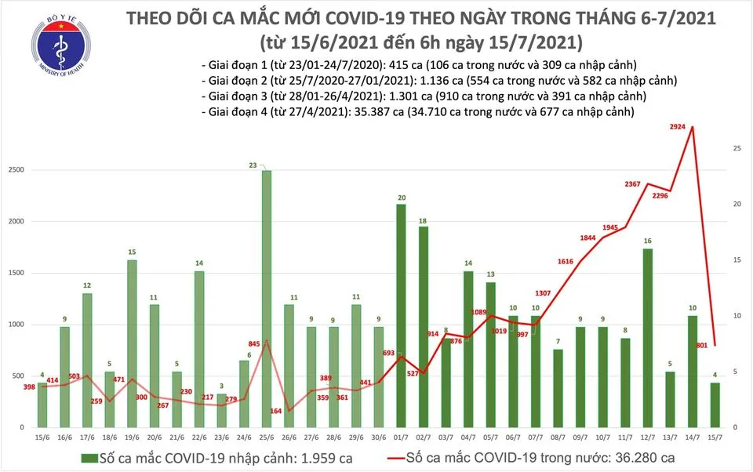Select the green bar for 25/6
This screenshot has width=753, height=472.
tap(267, 298)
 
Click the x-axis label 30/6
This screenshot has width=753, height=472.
tap(379, 437)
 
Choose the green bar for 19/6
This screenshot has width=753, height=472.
tap(132, 343)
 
